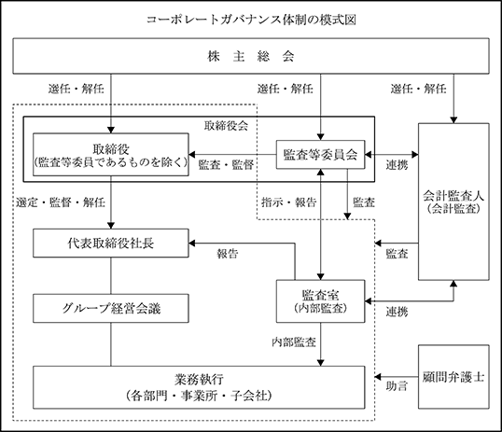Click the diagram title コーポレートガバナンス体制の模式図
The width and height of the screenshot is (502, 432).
coord(251,20)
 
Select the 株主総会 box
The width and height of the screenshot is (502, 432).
coord(251,56)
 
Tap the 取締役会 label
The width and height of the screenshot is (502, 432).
coord(226,126)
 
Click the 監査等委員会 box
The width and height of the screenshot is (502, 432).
coord(320,154)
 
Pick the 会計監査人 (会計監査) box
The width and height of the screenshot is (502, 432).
coord(453,202)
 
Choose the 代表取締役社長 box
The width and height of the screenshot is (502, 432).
coord(111,244)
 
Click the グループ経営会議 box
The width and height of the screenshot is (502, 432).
coord(111,309)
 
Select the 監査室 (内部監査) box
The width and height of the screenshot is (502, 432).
coord(320,301)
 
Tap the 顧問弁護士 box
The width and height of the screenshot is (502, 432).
coord(453,377)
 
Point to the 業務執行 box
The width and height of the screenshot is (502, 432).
coord(199,387)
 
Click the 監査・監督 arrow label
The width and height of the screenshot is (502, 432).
coord(226,165)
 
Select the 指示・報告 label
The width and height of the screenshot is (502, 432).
coord(288,202)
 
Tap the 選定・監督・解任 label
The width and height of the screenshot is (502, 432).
coord(61,202)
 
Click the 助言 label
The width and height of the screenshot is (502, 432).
coord(397,386)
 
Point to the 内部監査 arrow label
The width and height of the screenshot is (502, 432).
coord(294,342)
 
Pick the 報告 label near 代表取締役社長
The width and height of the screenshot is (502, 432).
coord(228,254)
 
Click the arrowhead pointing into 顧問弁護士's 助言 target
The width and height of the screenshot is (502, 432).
coord(378,377)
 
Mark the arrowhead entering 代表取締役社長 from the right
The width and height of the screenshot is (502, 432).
coord(192,244)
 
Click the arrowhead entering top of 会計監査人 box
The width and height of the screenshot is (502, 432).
coord(453,120)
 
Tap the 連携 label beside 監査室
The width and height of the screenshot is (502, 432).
coord(397,312)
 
